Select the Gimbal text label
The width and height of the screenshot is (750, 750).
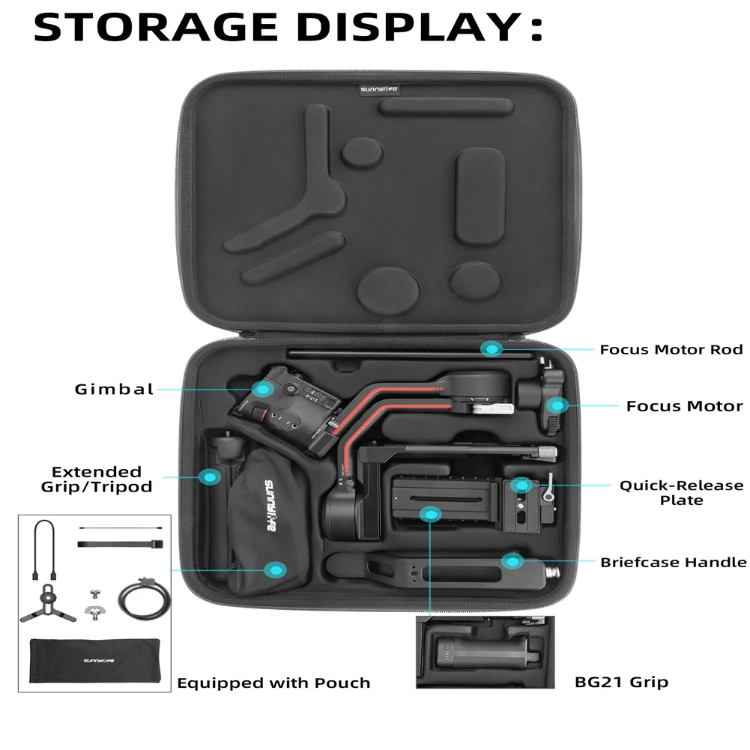[114, 389]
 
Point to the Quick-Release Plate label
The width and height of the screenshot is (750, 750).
[681, 492]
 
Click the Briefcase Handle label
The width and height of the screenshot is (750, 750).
[673, 562]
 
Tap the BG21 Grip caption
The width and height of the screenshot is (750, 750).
[621, 682]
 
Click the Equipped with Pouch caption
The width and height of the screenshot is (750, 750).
[273, 683]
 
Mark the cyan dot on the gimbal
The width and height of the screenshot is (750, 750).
[262, 388]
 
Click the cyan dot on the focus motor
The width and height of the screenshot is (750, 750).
[556, 405]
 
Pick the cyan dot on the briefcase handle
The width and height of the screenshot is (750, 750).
[512, 561]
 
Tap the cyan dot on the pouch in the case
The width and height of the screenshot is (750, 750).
[277, 570]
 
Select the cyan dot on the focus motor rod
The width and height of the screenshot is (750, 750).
[492, 348]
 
